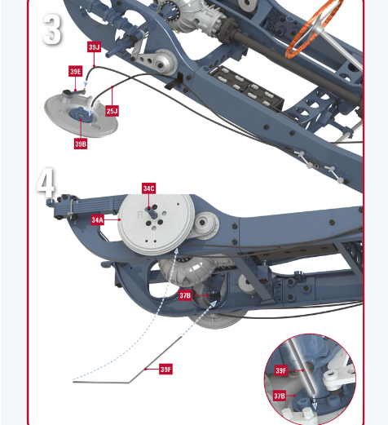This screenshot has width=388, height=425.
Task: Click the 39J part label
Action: [94, 46]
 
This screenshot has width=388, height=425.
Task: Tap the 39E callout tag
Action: [76, 71]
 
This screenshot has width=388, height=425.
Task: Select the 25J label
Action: [112, 111]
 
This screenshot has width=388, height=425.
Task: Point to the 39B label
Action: [81, 144]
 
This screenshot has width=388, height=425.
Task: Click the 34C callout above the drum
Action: [149, 188]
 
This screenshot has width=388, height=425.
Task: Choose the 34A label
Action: [98, 219]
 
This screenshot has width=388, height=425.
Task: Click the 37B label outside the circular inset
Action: [185, 295]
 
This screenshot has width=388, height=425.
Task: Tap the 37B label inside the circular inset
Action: [280, 396]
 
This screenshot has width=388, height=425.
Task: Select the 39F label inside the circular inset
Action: [281, 370]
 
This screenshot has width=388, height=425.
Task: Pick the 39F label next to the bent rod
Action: [165, 369]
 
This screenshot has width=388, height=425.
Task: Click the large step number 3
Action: [52, 29]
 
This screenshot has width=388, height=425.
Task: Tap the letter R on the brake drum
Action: [140, 215]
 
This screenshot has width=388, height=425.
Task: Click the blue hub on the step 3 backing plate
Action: [81, 115]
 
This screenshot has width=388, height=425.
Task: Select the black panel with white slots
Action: [246, 88]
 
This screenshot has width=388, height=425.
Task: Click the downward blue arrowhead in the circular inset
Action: [315, 405]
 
